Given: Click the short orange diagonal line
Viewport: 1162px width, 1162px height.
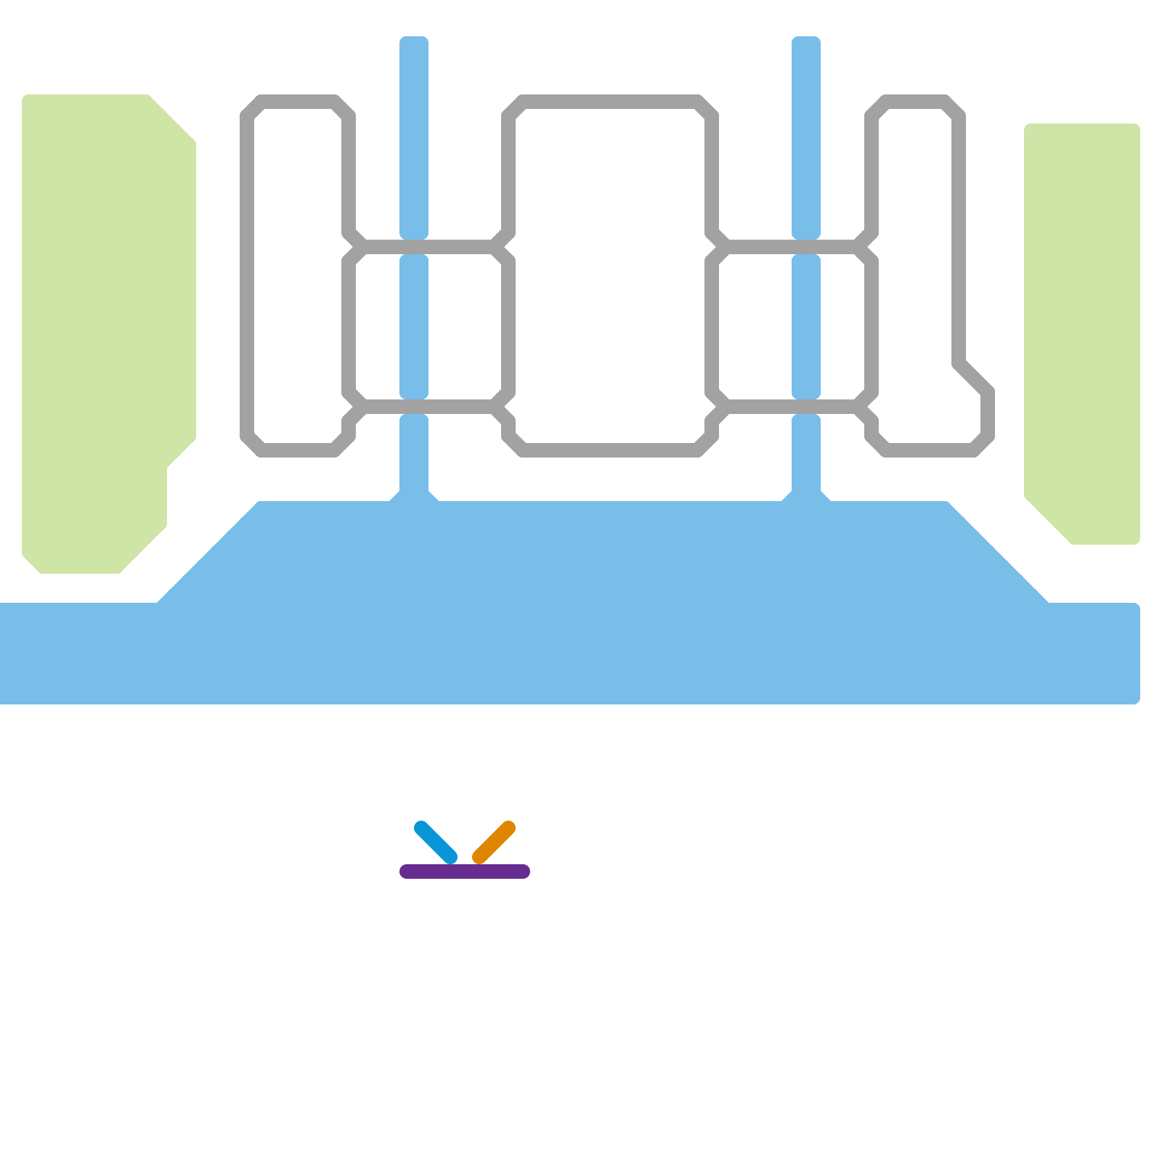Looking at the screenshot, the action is [494, 842].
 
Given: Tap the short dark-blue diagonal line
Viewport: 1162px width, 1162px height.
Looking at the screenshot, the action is [436, 842].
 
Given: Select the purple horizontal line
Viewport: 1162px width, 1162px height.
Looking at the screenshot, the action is [465, 871].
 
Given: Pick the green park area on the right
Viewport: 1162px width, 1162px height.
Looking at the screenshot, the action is [1082, 327].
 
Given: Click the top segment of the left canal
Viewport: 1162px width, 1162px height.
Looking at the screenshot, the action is [414, 138].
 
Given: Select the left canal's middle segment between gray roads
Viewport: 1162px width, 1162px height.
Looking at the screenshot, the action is [414, 327].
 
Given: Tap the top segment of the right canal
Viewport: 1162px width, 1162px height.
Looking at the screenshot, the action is [806, 138].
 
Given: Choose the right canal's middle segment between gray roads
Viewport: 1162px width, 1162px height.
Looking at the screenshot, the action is [806, 327].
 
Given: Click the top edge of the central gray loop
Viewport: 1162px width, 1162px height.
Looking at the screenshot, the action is [610, 102].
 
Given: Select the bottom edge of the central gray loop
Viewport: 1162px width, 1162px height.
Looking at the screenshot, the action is [610, 450].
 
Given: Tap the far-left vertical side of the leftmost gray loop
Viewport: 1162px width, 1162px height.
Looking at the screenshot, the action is [247, 276].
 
